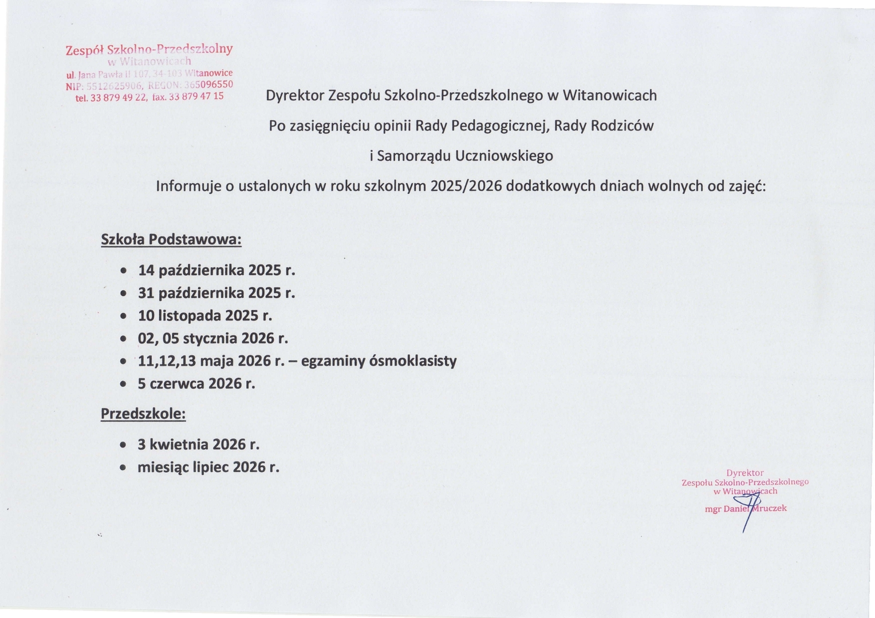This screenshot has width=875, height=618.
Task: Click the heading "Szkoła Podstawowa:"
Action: [x=171, y=239]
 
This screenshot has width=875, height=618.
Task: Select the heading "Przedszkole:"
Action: [x=143, y=414]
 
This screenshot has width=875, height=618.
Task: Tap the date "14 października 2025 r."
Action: [x=216, y=270]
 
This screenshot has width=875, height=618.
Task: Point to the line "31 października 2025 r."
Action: [x=216, y=293]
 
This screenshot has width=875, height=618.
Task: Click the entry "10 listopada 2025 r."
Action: [x=205, y=315]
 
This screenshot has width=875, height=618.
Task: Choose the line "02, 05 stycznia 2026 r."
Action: [x=213, y=338]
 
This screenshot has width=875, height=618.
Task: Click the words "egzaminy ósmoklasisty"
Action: [x=379, y=361]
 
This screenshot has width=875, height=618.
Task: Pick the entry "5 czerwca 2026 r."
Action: [x=196, y=383]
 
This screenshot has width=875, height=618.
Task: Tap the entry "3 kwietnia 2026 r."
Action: [x=199, y=445]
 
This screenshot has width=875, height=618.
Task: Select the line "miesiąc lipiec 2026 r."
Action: [x=208, y=468]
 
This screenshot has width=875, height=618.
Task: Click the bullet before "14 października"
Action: [x=123, y=271]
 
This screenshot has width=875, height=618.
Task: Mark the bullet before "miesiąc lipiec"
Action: [x=123, y=468]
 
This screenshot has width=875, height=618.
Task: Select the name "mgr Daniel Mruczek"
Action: [x=746, y=509]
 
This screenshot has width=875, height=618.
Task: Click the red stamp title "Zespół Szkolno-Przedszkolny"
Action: [x=149, y=49]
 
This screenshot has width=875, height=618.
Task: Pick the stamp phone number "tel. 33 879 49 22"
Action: [x=112, y=98]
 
